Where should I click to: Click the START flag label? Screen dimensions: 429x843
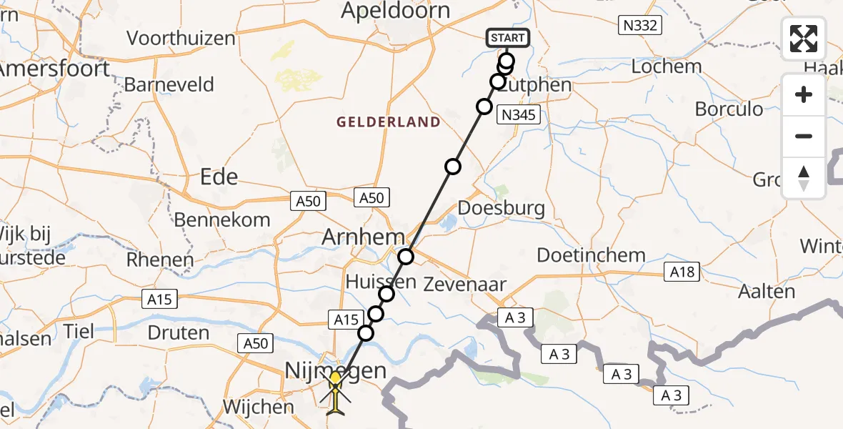tap(507, 38)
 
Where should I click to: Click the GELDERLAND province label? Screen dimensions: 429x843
tap(389, 122)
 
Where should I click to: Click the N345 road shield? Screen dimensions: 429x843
tap(519, 115)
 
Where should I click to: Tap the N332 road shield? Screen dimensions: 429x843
tap(640, 26)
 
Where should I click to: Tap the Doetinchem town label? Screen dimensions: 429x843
tap(591, 255)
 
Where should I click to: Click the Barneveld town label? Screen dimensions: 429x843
tap(169, 85)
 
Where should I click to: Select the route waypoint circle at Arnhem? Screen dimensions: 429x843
tap(406, 256)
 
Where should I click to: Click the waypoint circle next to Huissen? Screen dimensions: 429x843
tap(386, 293)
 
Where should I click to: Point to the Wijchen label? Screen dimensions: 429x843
tap(258, 407)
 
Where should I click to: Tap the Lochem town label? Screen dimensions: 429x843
tap(667, 67)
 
